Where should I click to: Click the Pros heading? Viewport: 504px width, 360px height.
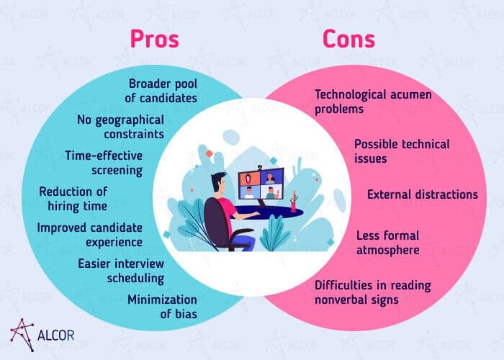tap(154, 39)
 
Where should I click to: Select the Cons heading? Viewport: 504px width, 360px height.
tap(348, 39)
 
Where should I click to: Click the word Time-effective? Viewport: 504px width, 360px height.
tap(104, 156)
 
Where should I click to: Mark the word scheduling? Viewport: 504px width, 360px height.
tap(135, 279)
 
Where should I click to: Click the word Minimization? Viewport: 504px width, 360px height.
tap(162, 300)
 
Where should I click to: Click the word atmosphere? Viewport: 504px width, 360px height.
tap(388, 250)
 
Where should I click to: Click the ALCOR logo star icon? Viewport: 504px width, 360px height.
tap(22, 335)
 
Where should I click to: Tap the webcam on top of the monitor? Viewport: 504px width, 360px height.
tap(260, 167)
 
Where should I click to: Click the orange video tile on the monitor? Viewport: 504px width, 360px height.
tap(248, 179)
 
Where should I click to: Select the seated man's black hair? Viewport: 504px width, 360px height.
tap(218, 180)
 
